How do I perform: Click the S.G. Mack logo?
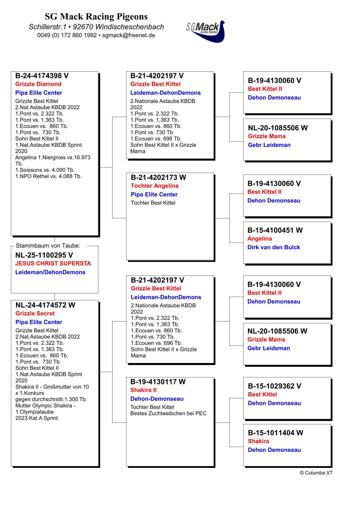206,31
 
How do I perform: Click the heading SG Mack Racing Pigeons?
96,16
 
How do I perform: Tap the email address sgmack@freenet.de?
129,35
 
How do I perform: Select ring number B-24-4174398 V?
42,76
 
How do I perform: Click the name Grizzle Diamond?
38,84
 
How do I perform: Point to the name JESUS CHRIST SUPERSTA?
53,263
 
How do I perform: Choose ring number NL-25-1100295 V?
44,255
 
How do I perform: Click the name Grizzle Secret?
35,313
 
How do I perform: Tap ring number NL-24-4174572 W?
45,305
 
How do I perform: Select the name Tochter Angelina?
155,186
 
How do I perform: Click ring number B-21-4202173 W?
158,178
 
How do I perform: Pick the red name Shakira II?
143,390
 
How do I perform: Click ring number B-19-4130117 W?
158,382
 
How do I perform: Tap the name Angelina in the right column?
260,239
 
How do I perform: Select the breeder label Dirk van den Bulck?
273,247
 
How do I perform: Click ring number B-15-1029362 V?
274,386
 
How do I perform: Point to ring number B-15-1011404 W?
275,433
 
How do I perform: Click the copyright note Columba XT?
316,473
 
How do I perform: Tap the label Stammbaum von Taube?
48,246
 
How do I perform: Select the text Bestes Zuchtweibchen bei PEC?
168,413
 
